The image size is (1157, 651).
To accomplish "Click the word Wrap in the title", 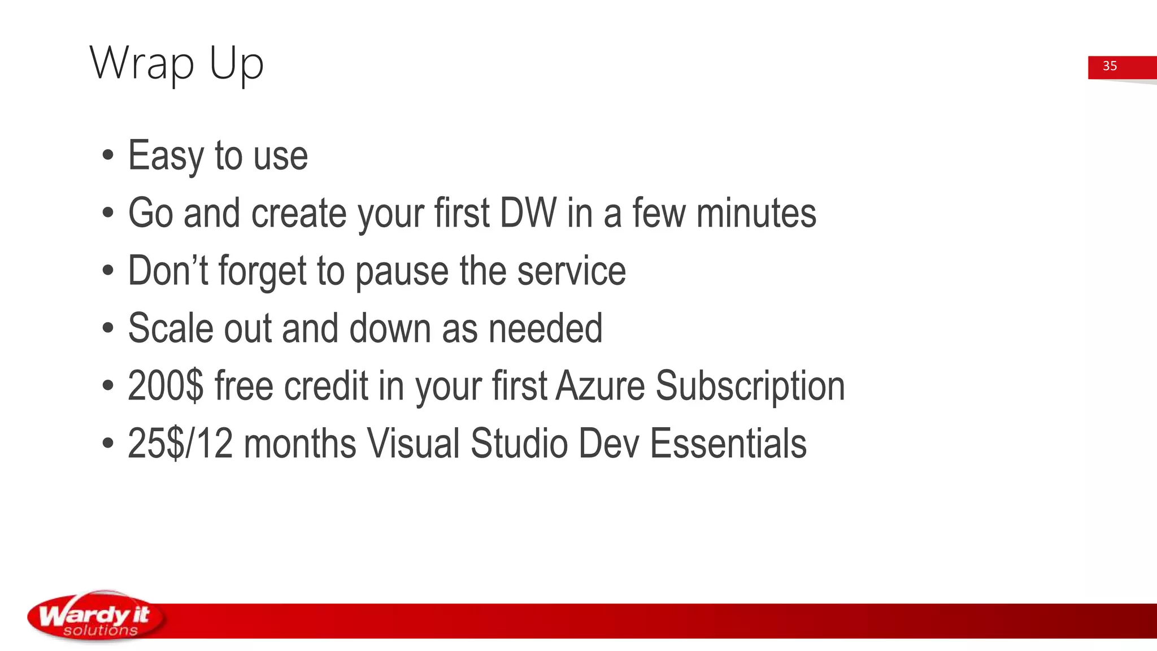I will pos(141,63).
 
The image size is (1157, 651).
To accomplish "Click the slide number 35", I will pos(1110,66).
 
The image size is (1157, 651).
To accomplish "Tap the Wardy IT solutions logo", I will pos(96,617).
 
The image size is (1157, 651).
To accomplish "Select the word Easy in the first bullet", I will pos(166,156).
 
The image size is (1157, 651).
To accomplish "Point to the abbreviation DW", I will pos(528,214).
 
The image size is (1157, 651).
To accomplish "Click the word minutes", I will pos(756,214).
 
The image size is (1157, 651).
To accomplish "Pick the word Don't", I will pos(168,271).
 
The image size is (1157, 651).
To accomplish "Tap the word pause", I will pos(402,272).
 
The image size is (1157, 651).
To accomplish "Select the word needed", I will pos(545,328).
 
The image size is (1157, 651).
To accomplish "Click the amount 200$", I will pos(165,386).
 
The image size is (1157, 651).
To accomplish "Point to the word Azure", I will pos(600,386).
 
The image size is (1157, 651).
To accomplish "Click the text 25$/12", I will pos(180,444).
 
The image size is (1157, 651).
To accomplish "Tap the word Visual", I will pos(413,444).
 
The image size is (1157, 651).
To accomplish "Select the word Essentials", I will pos(728,444).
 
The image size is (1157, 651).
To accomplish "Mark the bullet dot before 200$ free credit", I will pos(108,386).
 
